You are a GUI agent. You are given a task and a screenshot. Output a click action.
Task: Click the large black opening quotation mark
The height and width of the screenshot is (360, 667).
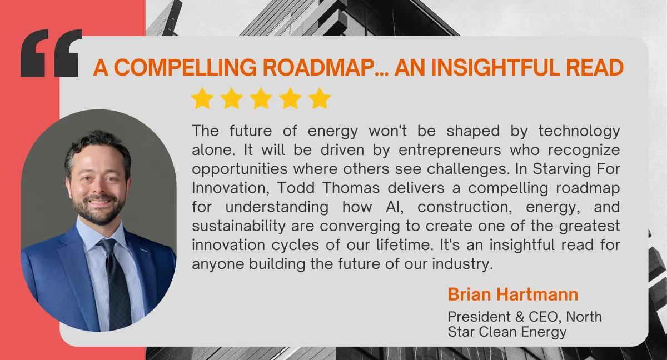pos(51,53)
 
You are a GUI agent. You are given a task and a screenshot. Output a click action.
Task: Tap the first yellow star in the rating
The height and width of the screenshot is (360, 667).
pos(202,98)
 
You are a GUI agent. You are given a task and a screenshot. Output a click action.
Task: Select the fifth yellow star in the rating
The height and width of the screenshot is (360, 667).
pos(320,98)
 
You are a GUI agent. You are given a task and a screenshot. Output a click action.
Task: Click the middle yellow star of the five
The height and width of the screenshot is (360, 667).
pos(261,98)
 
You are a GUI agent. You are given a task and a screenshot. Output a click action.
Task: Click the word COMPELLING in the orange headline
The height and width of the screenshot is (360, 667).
pos(185,68)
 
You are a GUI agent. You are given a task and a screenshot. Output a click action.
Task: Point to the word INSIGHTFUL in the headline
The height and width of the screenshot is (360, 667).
pos(495,68)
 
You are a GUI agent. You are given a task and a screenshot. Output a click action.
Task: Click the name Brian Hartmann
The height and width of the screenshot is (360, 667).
pos(512,294)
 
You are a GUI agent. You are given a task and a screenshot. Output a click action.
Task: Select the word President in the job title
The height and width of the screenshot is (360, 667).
pos(479,317)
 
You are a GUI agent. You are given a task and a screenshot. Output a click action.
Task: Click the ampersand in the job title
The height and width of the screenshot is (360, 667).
pos(520,317)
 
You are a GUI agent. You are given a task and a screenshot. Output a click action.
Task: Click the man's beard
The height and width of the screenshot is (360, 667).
pos(99,210)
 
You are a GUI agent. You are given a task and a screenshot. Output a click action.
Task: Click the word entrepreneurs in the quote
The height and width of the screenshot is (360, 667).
pos(450,150)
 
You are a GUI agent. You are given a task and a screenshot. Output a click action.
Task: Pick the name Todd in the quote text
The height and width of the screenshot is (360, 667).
pos(296,188)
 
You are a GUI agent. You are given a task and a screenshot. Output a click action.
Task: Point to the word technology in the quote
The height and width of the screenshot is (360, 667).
pos(579,131)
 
